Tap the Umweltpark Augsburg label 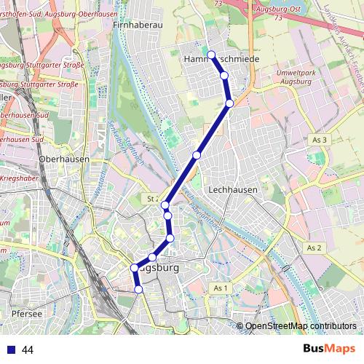(x=295, y=77)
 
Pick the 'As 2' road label (x=314, y=248)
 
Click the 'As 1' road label (x=221, y=288)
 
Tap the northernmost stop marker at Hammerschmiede (x=211, y=55)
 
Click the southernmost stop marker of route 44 (x=138, y=290)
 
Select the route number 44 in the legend (x=28, y=350)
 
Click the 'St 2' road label (x=152, y=198)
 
